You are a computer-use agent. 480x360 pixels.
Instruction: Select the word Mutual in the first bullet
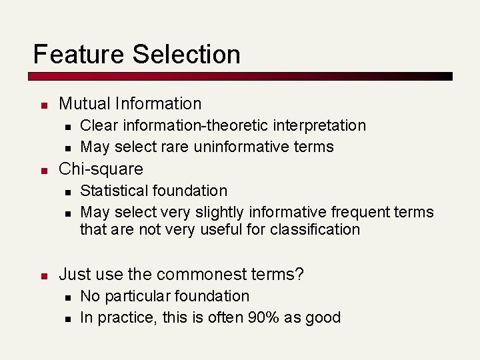tap(85, 103)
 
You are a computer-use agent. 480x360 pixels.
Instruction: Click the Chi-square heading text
tap(101, 169)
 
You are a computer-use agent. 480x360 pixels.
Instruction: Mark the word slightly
tap(217, 212)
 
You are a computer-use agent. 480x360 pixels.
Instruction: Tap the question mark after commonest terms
tap(299, 274)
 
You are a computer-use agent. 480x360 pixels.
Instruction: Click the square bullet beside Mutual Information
tap(43, 105)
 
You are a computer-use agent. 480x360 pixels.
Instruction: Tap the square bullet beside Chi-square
tap(43, 170)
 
